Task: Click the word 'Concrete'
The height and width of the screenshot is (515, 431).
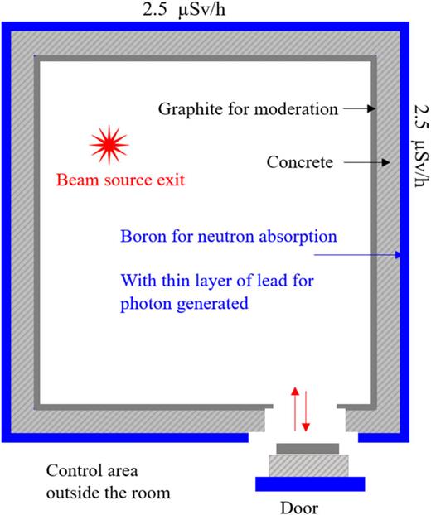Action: (299, 163)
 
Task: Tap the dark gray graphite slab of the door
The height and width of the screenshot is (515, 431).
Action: (308, 448)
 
